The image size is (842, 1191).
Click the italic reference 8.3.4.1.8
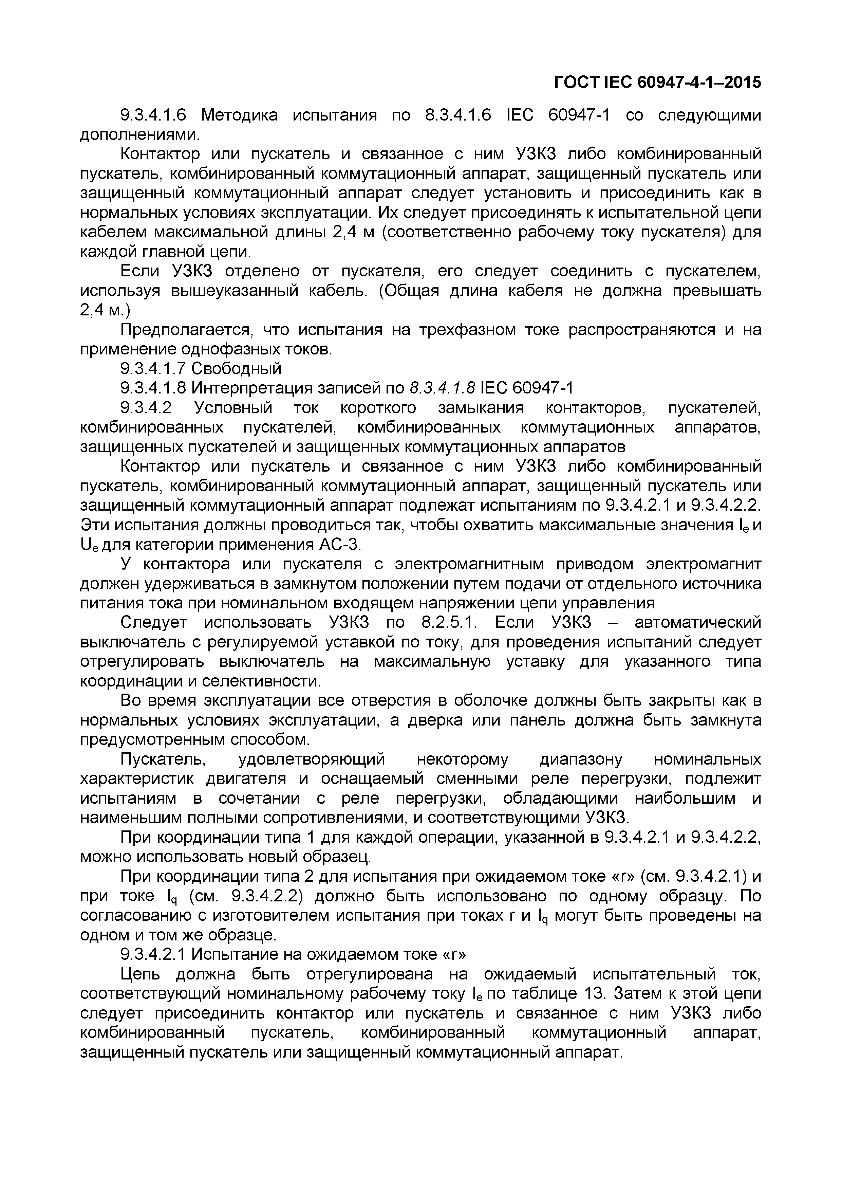pyautogui.click(x=442, y=388)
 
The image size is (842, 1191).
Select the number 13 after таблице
pyautogui.click(x=594, y=994)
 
